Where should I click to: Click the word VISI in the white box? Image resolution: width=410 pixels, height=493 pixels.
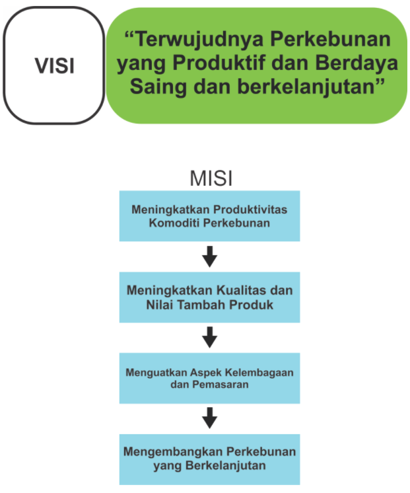(x=55, y=66)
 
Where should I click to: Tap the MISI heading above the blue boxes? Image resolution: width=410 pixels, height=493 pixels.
(x=211, y=178)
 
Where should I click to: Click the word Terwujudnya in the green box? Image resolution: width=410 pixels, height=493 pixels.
(x=199, y=40)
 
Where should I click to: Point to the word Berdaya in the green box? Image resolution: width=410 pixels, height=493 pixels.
(x=357, y=63)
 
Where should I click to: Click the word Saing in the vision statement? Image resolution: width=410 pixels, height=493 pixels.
(x=159, y=87)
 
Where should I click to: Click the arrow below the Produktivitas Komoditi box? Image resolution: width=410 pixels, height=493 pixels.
(x=209, y=256)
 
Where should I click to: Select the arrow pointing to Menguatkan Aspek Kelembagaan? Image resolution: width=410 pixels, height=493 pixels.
(x=209, y=337)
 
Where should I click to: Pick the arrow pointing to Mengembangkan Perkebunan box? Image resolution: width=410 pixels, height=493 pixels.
(x=209, y=418)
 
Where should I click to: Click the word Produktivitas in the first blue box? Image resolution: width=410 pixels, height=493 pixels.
(x=250, y=209)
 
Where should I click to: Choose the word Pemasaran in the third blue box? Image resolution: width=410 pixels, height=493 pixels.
(x=221, y=384)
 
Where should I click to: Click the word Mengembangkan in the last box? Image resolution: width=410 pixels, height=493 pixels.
(x=173, y=452)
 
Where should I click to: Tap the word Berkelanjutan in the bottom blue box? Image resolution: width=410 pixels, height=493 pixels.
(x=226, y=465)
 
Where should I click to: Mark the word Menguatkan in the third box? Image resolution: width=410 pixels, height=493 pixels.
(x=156, y=373)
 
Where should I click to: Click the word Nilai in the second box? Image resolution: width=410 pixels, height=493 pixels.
(x=160, y=305)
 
